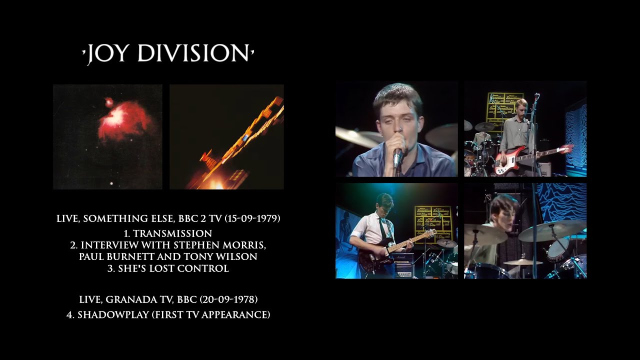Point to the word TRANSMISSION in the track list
[172, 233]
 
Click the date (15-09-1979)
[252, 218]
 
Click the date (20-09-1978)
[229, 299]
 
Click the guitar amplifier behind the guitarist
[402, 263]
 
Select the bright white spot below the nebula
[111, 183]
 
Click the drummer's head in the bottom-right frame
[501, 212]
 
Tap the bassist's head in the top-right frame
[522, 106]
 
